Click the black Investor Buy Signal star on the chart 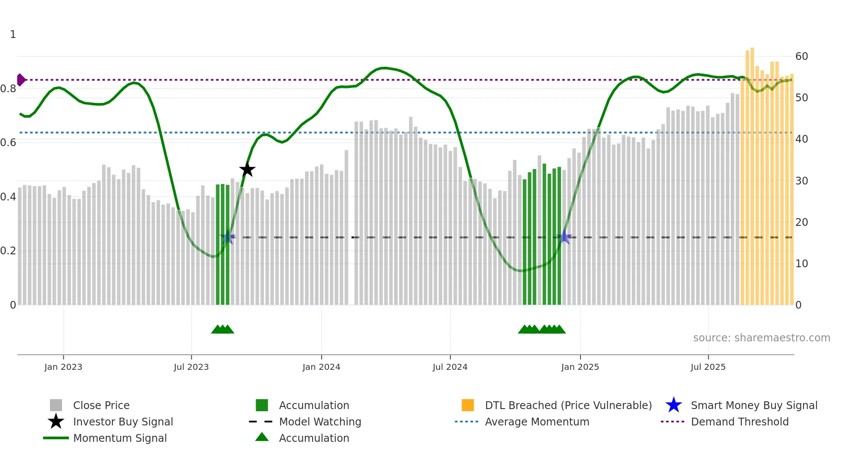click(x=247, y=170)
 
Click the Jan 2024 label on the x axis click(x=321, y=367)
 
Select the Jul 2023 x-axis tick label click(x=191, y=367)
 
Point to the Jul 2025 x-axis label click(x=708, y=367)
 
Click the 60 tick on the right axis click(x=801, y=56)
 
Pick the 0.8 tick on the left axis click(x=9, y=89)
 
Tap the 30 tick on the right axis click(x=801, y=181)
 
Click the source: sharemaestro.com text click(x=761, y=338)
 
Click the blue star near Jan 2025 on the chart click(x=565, y=237)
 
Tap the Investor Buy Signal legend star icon click(x=56, y=422)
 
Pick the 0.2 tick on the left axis click(x=9, y=251)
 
